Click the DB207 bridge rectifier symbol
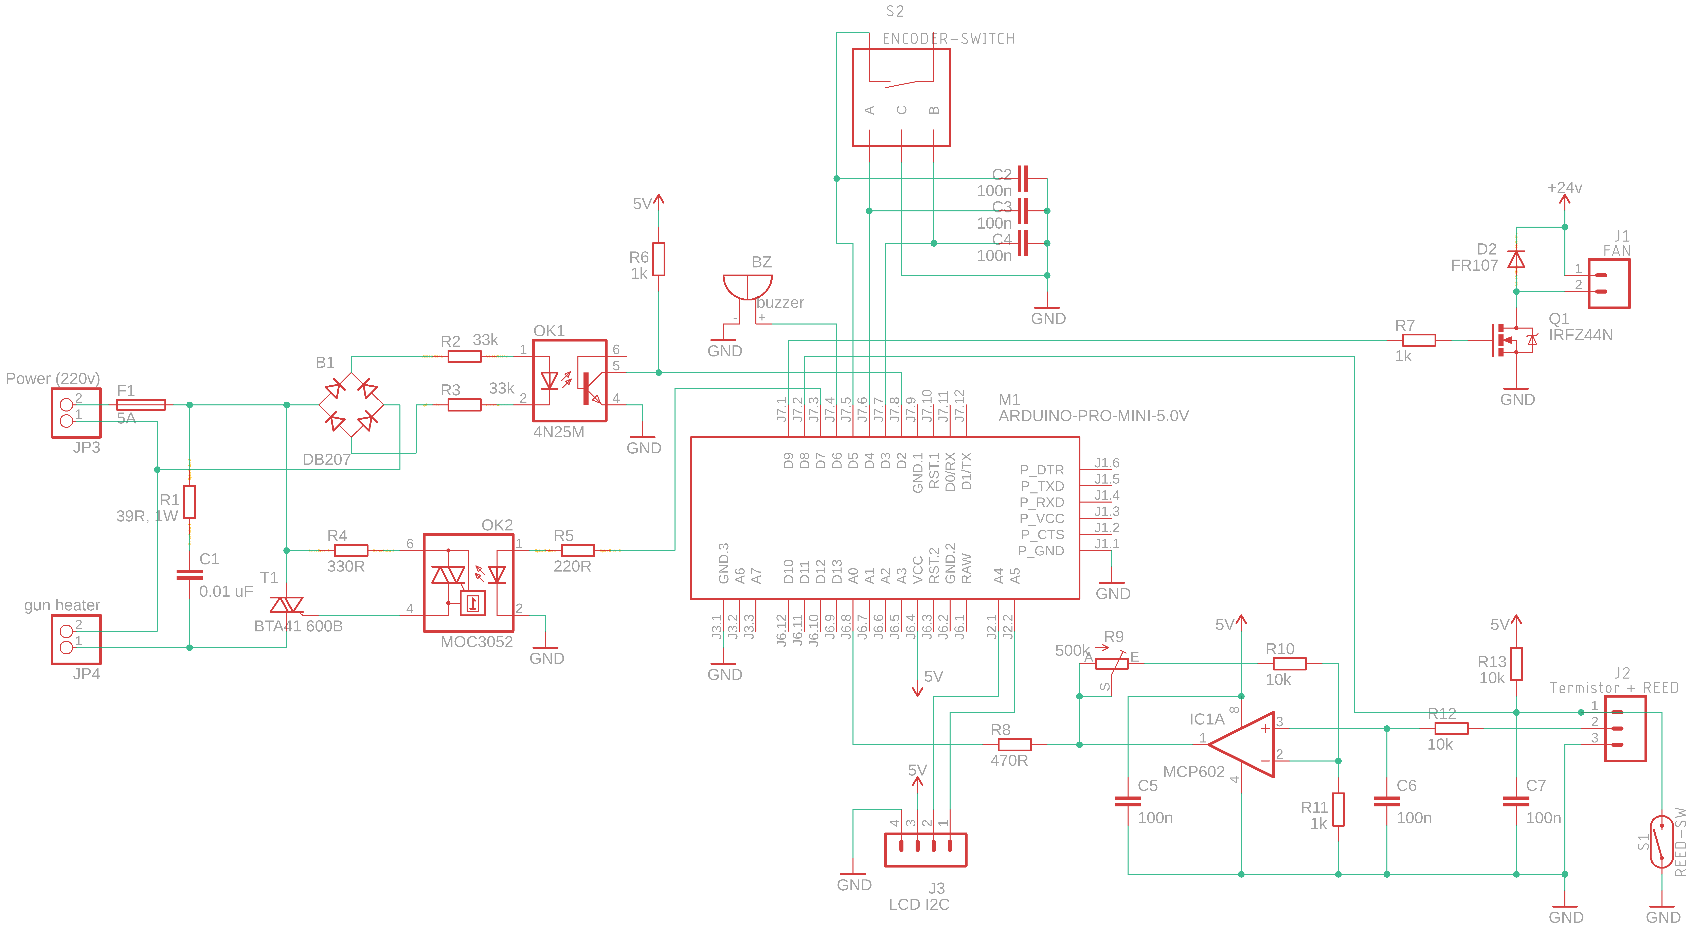point(351,405)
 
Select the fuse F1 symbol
point(140,405)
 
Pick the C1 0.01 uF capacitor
point(190,575)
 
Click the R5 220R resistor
point(577,550)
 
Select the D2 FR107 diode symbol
point(1516,260)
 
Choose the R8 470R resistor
point(1014,745)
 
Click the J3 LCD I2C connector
point(925,850)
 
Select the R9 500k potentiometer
point(1111,664)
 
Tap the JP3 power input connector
point(76,413)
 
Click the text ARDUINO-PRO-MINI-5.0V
point(1093,416)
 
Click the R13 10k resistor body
point(1516,664)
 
